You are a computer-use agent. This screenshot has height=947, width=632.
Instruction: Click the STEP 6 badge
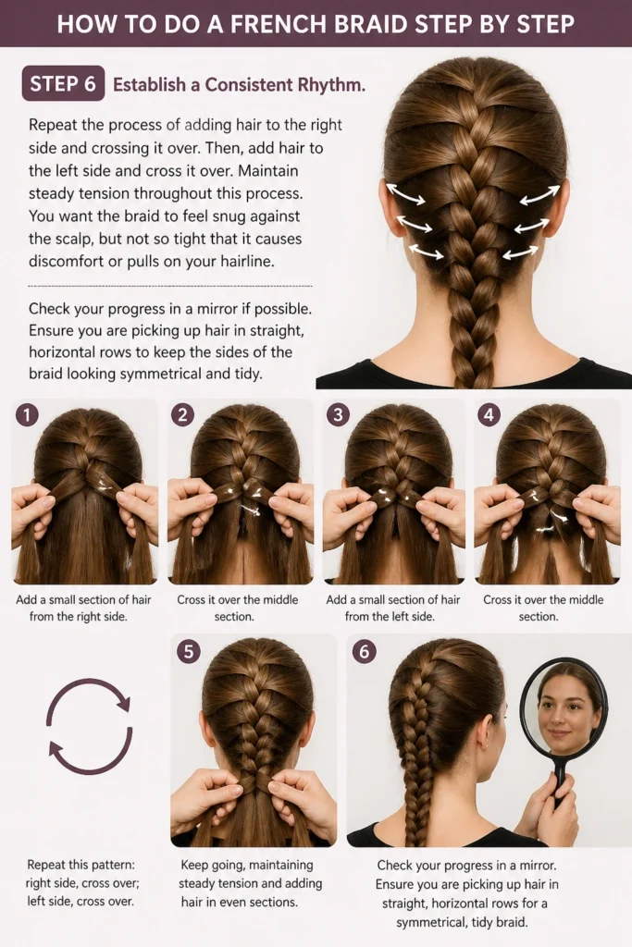[63, 83]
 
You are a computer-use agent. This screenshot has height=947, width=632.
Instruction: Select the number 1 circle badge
[27, 414]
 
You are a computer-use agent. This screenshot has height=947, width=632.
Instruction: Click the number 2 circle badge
[182, 414]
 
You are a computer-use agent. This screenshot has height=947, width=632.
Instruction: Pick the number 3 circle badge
[338, 414]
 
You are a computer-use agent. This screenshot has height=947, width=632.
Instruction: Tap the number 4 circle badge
[489, 414]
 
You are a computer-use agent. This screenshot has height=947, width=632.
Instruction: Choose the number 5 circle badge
[189, 652]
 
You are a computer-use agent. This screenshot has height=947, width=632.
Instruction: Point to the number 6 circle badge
[365, 652]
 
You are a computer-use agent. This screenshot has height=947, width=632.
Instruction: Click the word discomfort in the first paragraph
[67, 262]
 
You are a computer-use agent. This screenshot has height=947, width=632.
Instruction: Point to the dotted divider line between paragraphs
[170, 286]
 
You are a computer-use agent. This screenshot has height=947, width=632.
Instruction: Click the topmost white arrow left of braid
[405, 194]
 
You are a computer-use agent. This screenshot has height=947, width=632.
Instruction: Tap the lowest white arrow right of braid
[521, 252]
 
